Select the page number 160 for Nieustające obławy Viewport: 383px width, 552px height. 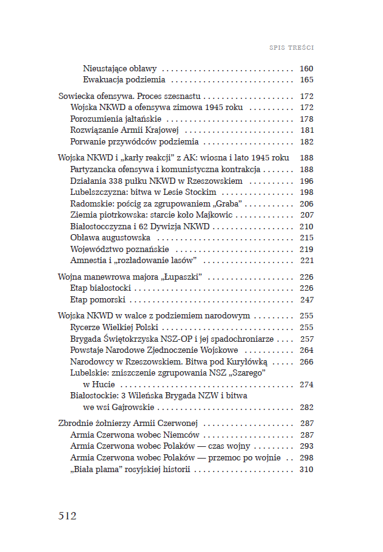coord(306,68)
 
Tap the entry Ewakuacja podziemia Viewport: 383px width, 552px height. coord(124,80)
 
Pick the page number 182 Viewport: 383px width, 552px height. coord(306,142)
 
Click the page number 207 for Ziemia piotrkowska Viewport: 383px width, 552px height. coord(306,215)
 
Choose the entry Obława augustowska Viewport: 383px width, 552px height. coord(110,237)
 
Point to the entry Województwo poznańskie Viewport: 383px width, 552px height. coord(119,249)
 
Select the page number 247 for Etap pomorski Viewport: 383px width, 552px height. coord(306,299)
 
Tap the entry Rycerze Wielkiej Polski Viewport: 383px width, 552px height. coord(114,327)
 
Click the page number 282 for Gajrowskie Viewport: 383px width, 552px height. coord(306,407)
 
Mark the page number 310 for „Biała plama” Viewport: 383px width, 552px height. coord(306,469)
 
